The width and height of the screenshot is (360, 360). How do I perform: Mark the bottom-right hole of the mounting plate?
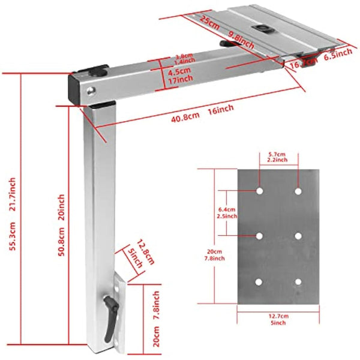tap(298, 281)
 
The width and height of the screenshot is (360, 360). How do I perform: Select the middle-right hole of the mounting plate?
tap(298, 236)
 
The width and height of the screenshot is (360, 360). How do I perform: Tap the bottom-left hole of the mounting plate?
tap(259, 281)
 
